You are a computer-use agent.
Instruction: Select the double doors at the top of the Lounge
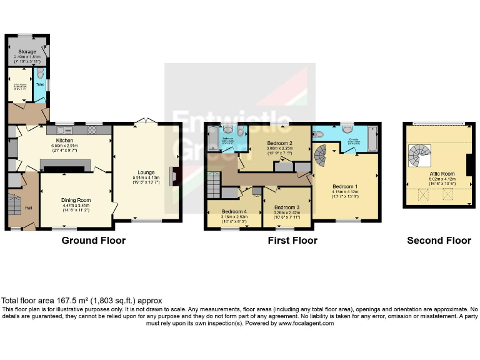pos(146,121)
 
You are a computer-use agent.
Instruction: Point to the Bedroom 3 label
pos(287,207)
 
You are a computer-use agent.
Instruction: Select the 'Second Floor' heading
pos(439,241)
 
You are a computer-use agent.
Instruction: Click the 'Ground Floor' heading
pos(93,241)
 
